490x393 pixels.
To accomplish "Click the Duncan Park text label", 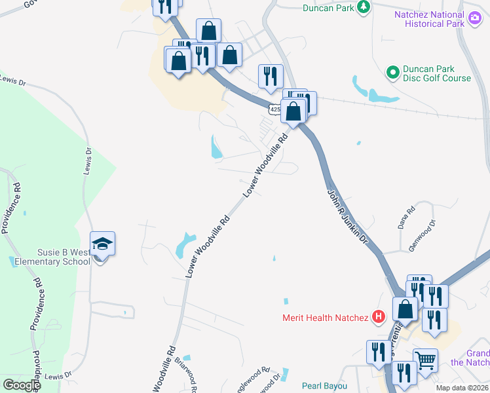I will pos(328,8).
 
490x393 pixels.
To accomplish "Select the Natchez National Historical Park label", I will pos(428,19).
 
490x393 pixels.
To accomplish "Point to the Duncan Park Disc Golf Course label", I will pos(437,73).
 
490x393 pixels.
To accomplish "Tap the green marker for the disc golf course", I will pos(392,72).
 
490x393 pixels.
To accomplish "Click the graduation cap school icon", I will pos(102,244).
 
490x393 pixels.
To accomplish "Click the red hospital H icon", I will pos(377,318).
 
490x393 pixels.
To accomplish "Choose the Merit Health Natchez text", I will pos(326,318).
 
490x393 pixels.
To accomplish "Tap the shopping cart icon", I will pos(425,359).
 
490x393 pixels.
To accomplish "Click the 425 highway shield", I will pos(274,105).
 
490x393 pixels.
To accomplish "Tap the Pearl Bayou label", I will pos(324,386).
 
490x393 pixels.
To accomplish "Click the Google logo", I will pos(22,385).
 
